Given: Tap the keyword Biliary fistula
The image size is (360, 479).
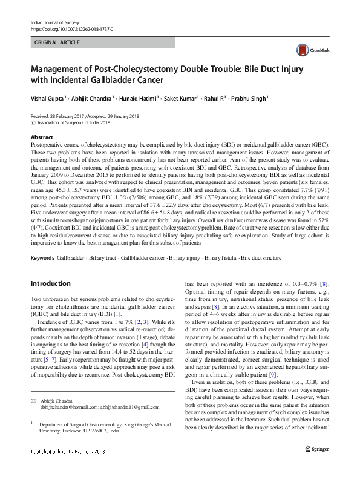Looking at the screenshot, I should coord(222,257).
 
